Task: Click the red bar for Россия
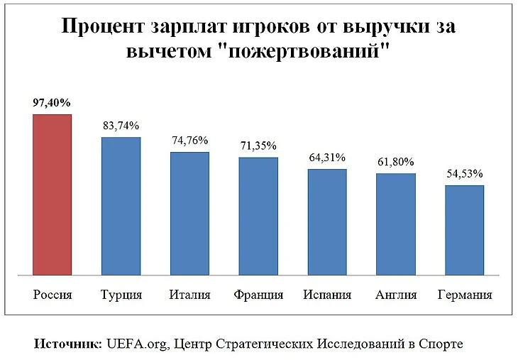[x=52, y=195]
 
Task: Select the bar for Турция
[x=121, y=206]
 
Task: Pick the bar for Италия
[x=189, y=213]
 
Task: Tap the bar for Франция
[x=258, y=216]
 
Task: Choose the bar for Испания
[x=327, y=222]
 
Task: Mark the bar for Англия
[x=396, y=224]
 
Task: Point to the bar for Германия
[x=465, y=230]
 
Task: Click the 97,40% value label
[x=52, y=102]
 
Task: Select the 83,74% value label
[x=121, y=126]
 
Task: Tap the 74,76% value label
[x=189, y=140]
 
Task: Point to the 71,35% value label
[x=258, y=146]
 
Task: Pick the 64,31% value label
[x=327, y=157]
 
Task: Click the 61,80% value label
[x=396, y=162]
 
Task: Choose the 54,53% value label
[x=465, y=173]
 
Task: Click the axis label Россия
[x=53, y=295]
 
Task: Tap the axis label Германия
[x=465, y=295]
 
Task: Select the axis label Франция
[x=258, y=295]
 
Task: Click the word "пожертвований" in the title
[x=315, y=53]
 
